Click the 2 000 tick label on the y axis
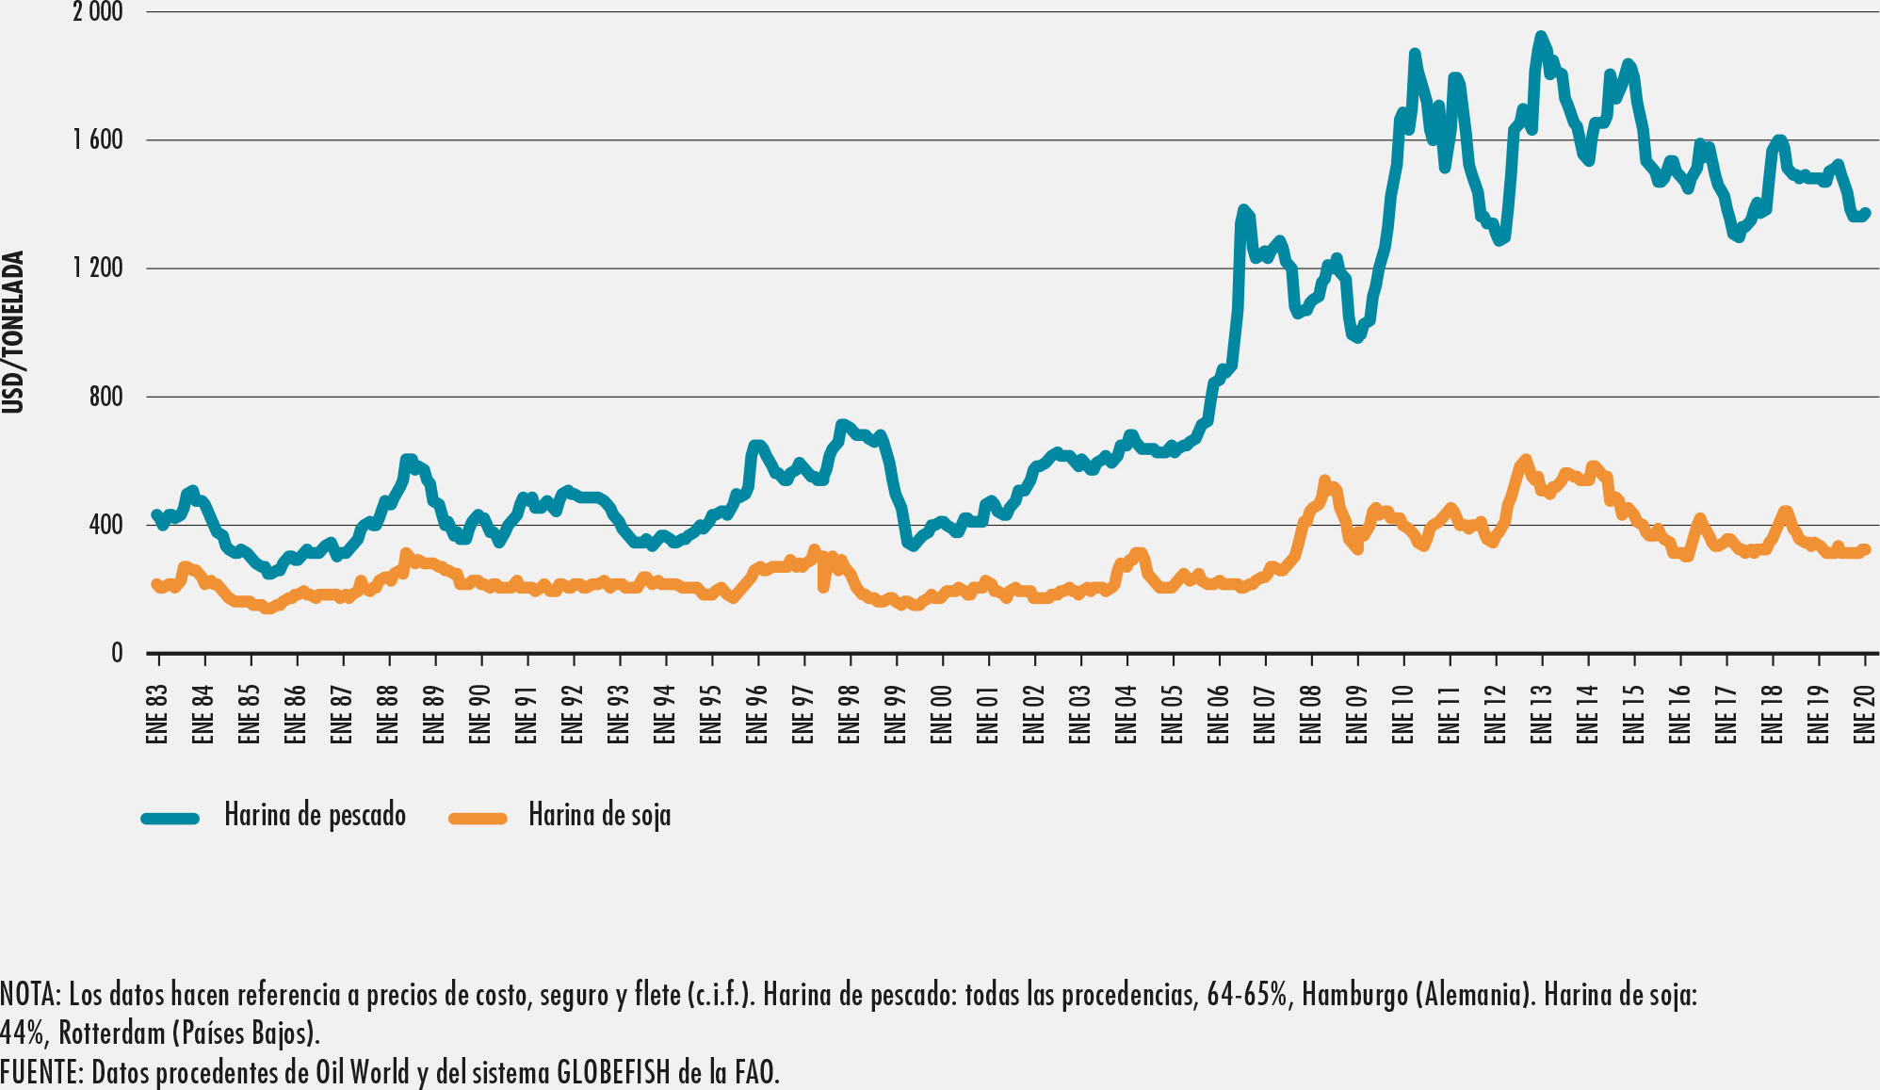[x=98, y=12]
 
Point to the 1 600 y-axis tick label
[x=98, y=140]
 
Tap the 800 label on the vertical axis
[x=106, y=397]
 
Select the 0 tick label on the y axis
[x=117, y=653]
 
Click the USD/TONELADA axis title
[x=13, y=332]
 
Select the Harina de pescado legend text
[x=315, y=815]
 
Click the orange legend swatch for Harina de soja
[x=478, y=818]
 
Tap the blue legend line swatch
[x=170, y=818]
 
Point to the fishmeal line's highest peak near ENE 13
[x=1540, y=37]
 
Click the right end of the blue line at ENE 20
[x=1866, y=213]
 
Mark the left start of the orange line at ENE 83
[x=156, y=585]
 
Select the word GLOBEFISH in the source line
[x=613, y=1072]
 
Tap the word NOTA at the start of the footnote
[x=28, y=995]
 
